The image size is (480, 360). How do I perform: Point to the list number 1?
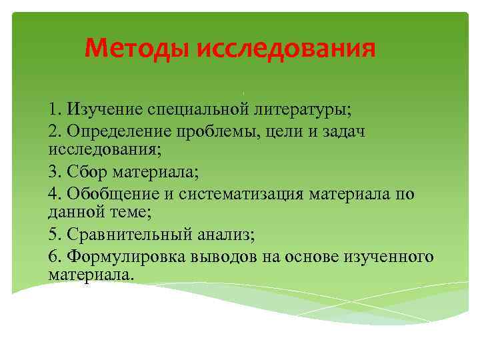pyautogui.click(x=53, y=108)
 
